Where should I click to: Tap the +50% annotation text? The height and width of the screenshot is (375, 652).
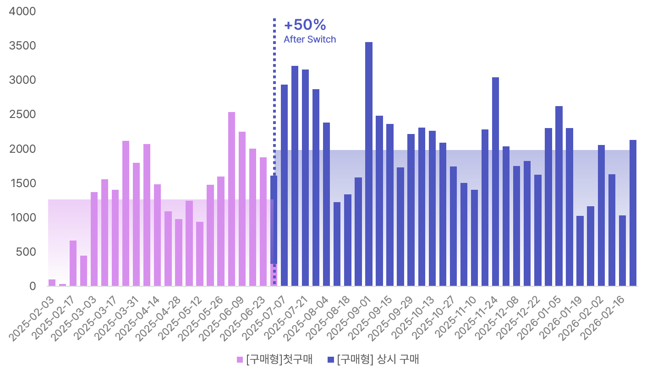pyautogui.click(x=305, y=25)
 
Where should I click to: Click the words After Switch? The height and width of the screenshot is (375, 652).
pyautogui.click(x=310, y=39)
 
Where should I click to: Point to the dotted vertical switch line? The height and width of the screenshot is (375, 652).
pyautogui.click(x=274, y=91)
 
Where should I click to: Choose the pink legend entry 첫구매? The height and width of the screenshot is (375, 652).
pyautogui.click(x=274, y=359)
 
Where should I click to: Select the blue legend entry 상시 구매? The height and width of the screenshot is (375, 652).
pyautogui.click(x=373, y=359)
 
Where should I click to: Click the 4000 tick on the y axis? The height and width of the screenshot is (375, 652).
pyautogui.click(x=22, y=11)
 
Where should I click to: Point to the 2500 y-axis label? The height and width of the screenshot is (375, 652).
pyautogui.click(x=22, y=114)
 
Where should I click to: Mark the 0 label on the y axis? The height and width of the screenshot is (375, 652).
pyautogui.click(x=33, y=286)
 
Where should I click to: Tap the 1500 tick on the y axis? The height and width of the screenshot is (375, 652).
pyautogui.click(x=22, y=183)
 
